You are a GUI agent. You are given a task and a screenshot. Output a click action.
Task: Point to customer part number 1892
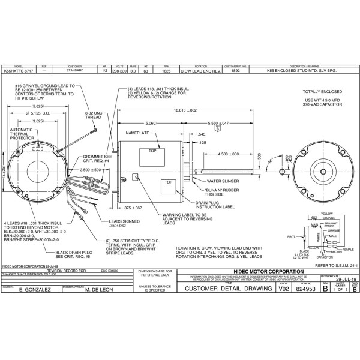(236, 70)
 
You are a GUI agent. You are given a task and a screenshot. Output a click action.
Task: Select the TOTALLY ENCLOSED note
(322, 91)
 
